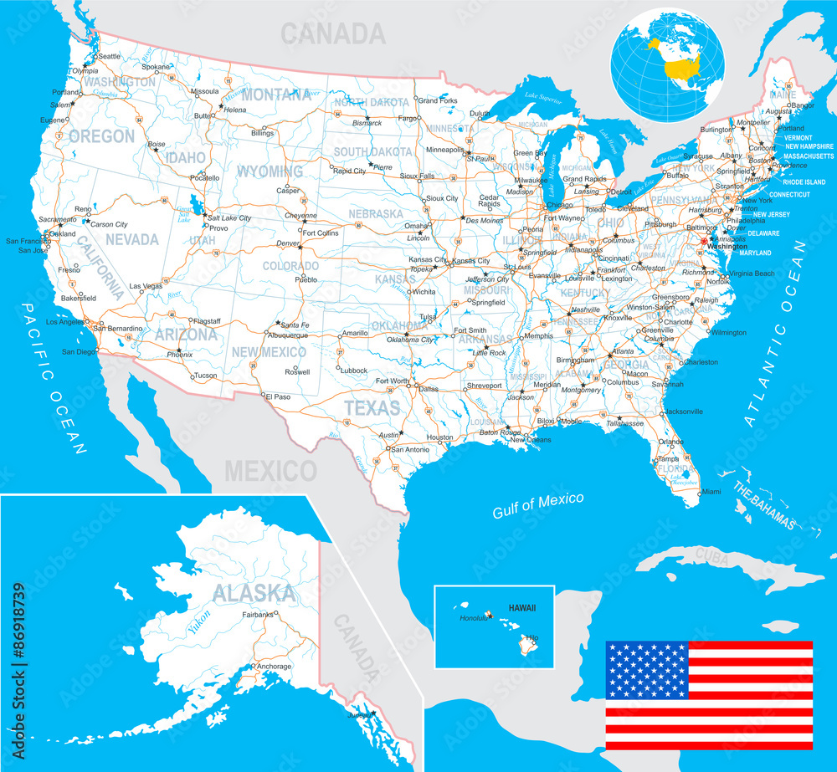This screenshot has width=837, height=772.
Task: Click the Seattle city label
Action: [110, 56]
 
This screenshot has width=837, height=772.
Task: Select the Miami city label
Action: [711, 491]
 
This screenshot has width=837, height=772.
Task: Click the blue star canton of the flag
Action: [647, 671]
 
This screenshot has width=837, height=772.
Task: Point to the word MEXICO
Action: [270, 471]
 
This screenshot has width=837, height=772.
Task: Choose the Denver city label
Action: [287, 243]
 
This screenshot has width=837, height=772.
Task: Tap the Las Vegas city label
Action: [146, 285]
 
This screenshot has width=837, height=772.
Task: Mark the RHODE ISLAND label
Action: [804, 181]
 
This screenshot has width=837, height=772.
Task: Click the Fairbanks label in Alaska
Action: [258, 614]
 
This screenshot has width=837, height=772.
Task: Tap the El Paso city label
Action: [278, 396]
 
